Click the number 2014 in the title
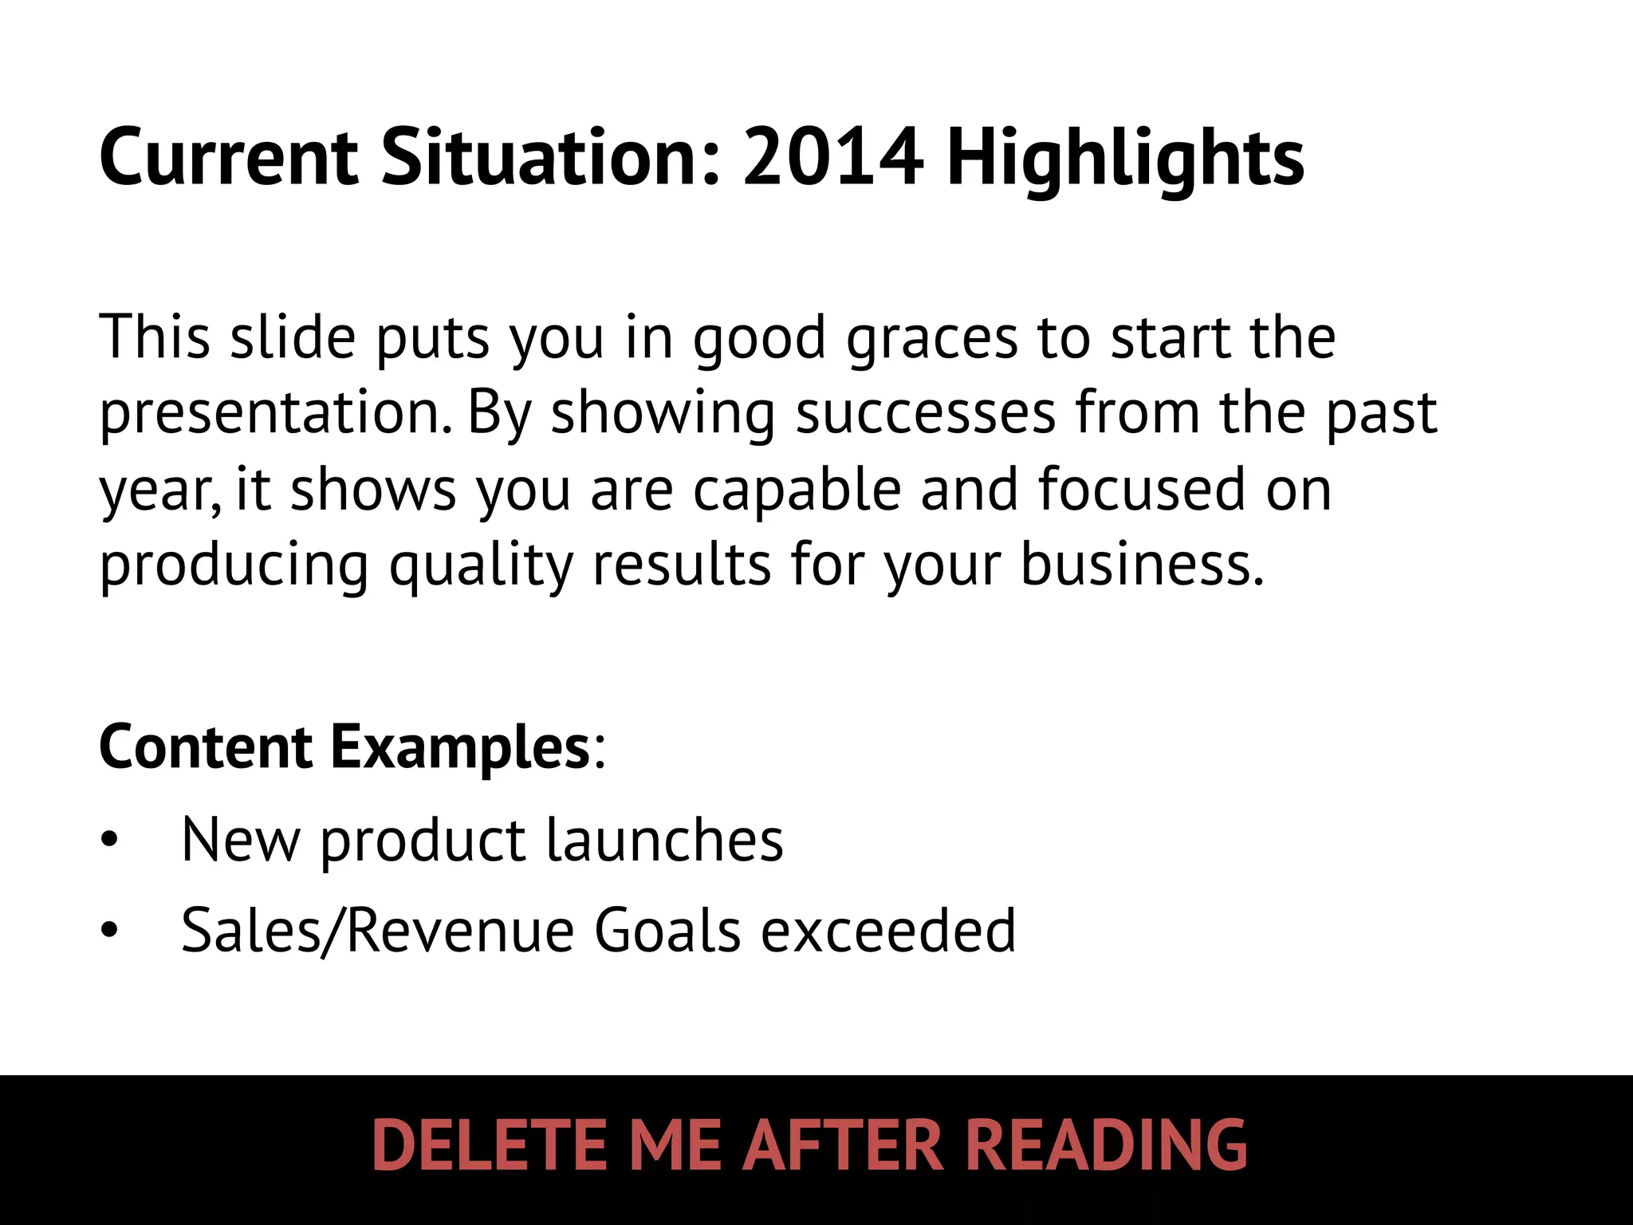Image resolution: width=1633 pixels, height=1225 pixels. tap(833, 157)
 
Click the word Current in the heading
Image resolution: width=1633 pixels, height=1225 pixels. tap(230, 157)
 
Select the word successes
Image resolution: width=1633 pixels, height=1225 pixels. tap(925, 413)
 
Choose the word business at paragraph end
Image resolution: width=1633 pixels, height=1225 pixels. tap(1142, 564)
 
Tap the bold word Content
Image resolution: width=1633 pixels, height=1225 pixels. tap(206, 747)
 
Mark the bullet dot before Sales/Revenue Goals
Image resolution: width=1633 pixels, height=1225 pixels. tap(109, 931)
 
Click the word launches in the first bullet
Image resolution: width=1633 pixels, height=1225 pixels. tap(664, 840)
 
